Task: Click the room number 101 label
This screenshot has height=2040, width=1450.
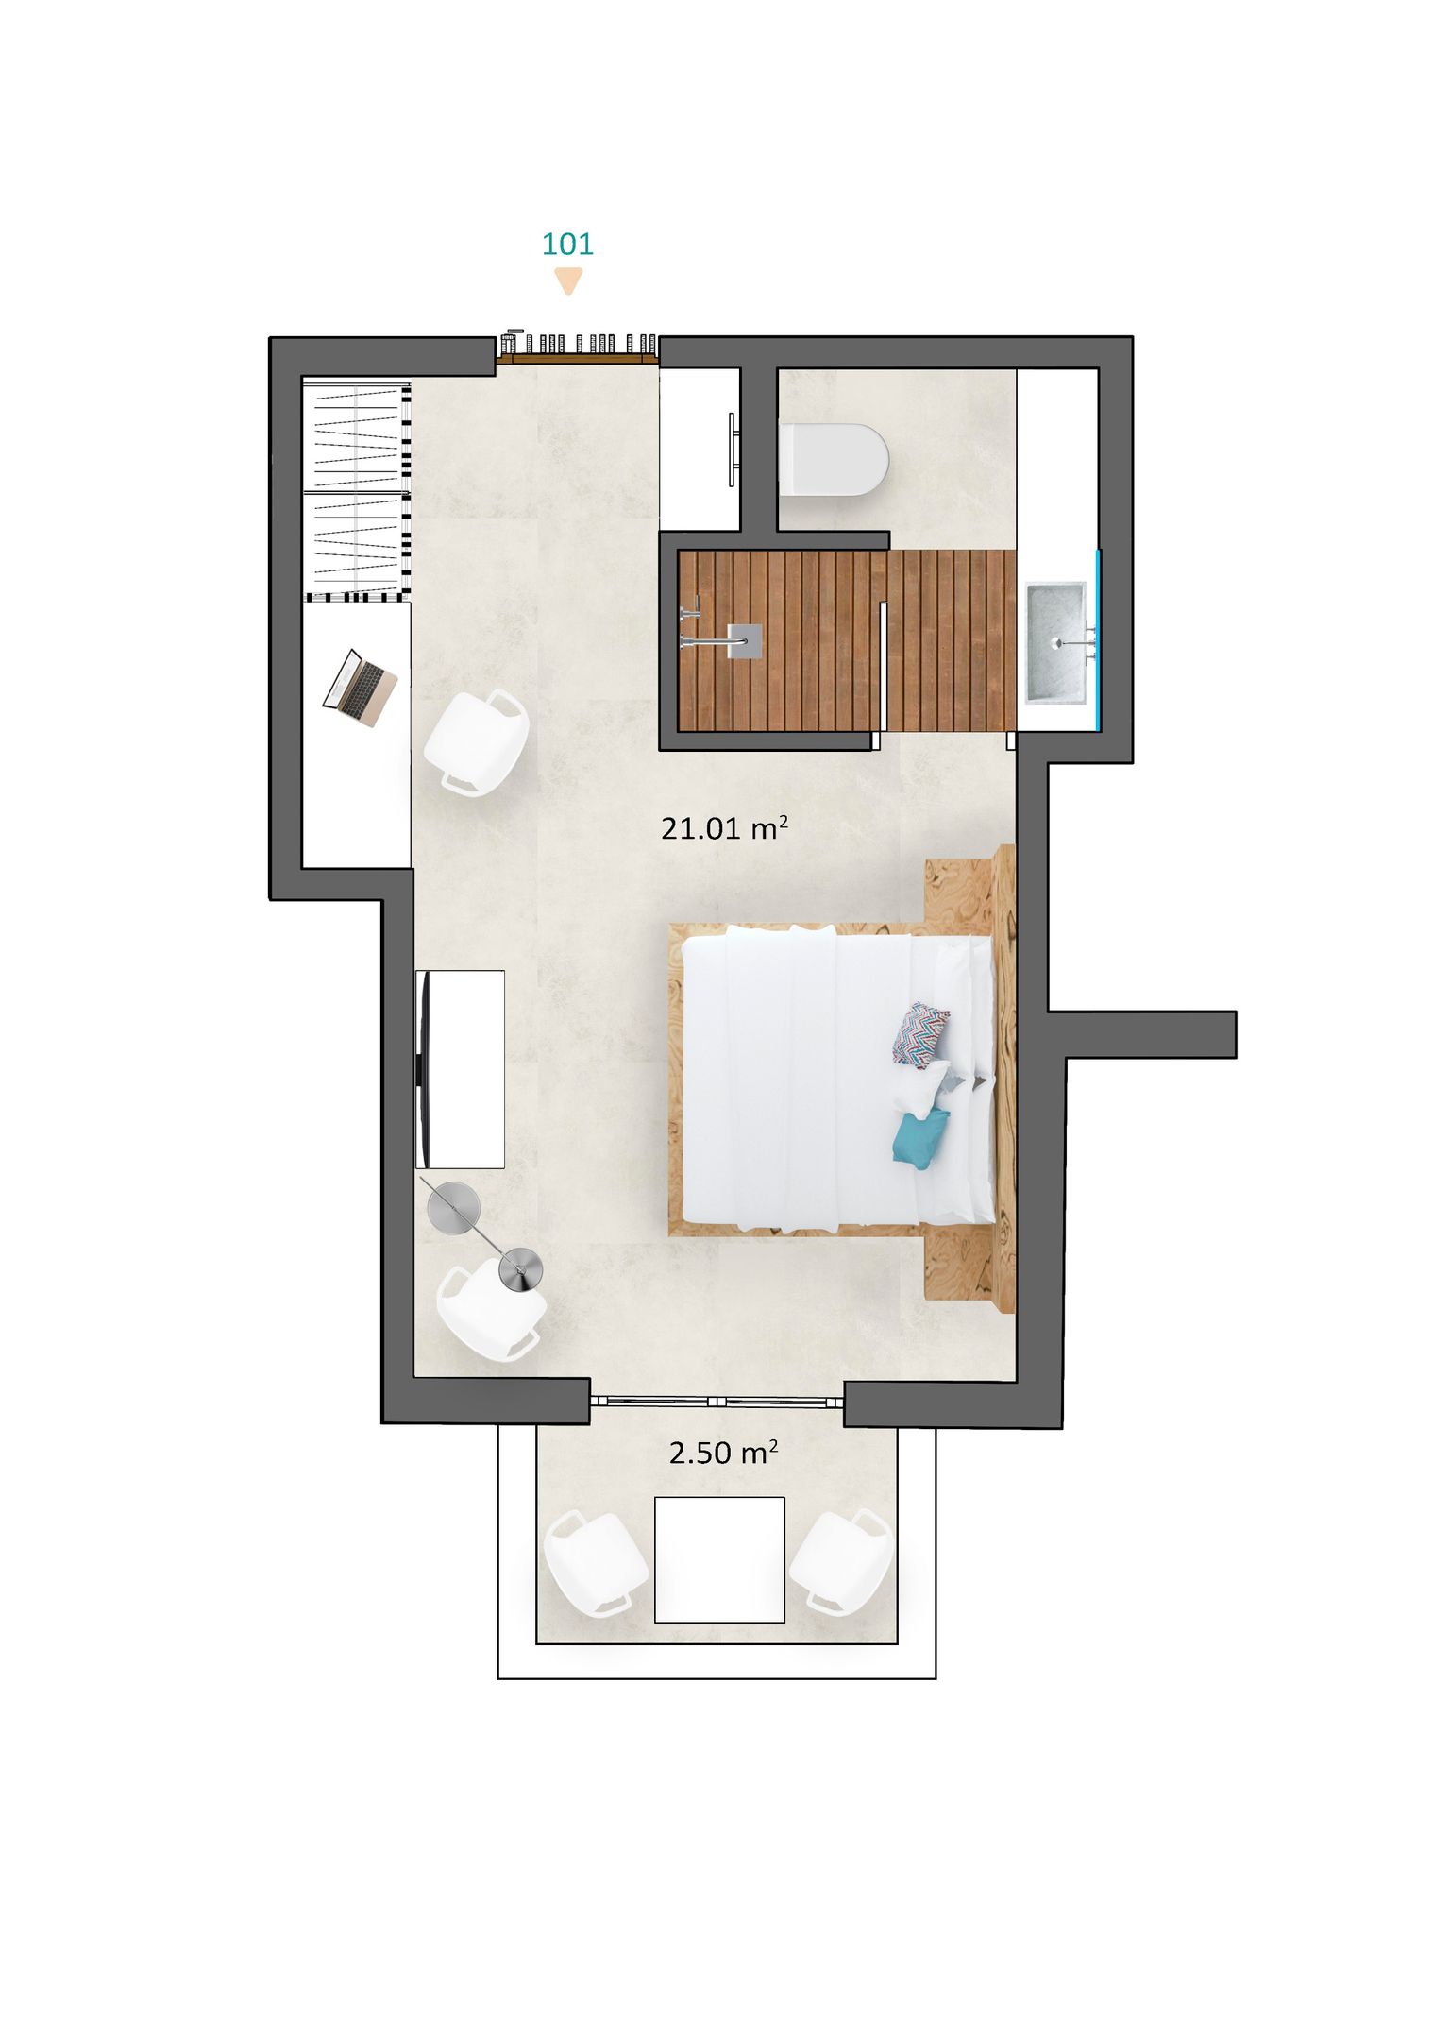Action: point(567,244)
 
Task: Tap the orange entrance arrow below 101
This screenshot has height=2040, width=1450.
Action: point(567,281)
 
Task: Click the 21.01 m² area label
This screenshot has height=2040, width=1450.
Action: point(724,828)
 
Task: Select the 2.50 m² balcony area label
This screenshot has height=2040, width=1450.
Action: point(723,1453)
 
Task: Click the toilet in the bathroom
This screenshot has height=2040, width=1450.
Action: point(834,460)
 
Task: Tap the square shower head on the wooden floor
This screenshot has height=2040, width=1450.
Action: point(745,640)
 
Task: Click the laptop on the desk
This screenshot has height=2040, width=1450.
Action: point(360,688)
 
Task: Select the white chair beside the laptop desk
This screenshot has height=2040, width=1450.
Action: point(476,742)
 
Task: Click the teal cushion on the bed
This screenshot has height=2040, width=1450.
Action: point(920,1139)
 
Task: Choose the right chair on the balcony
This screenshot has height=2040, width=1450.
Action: point(841,1562)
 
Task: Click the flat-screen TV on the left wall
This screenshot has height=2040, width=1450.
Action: point(425,1069)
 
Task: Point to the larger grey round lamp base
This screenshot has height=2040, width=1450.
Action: point(454,1209)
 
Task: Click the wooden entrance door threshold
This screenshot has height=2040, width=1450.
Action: point(578,359)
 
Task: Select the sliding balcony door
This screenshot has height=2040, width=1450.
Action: point(717,1402)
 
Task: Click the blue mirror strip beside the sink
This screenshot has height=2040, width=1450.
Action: point(1098,639)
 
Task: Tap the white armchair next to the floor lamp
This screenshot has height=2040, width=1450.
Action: point(491,1311)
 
